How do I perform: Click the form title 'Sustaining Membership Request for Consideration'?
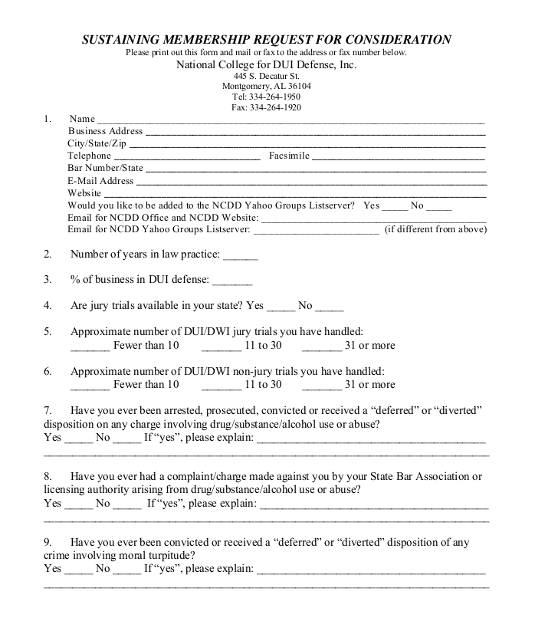coord(267,40)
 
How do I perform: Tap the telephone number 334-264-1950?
coord(266,97)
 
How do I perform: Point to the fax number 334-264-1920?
coord(266,108)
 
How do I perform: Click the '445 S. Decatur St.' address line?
coord(266,77)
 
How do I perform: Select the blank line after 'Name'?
coord(290,121)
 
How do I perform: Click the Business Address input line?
coord(315,133)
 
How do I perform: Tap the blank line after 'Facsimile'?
coord(399,158)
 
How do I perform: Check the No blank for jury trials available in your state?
coord(330,308)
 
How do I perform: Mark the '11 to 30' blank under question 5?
coord(222,347)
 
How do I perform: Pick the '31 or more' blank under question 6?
coord(322,386)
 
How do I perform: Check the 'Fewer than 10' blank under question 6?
coord(90,386)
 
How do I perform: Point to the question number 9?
coord(48,542)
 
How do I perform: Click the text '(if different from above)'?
coord(435,229)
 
